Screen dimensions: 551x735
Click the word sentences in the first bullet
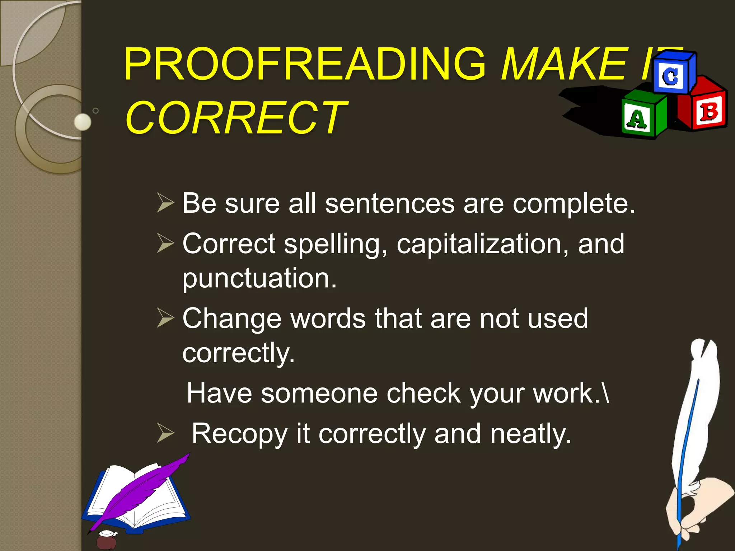(x=390, y=203)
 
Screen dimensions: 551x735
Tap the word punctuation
(x=259, y=278)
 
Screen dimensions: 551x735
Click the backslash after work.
(x=606, y=393)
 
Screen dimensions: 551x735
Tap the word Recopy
(x=239, y=434)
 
